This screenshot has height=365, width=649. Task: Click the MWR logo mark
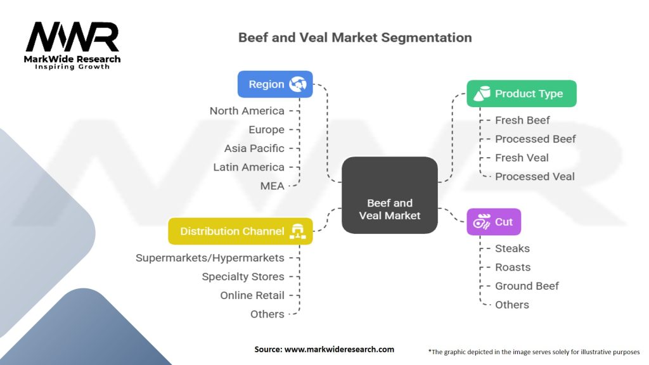[72, 37]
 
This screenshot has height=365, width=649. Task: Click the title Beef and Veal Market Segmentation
[355, 37]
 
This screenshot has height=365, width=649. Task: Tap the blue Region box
[275, 84]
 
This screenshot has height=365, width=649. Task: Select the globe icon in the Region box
[298, 84]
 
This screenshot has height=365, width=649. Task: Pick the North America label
[247, 111]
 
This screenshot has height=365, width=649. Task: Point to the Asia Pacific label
[254, 148]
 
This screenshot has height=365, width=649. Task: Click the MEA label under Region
[272, 186]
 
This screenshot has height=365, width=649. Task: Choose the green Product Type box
[522, 94]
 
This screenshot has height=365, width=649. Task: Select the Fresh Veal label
[522, 158]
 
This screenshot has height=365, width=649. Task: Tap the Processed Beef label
[535, 139]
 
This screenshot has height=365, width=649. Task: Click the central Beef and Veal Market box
[390, 195]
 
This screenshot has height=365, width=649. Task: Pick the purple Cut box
[494, 222]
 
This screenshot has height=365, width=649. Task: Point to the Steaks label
[512, 248]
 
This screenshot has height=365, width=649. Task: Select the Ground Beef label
[527, 286]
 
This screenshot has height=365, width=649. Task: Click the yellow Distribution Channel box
[240, 231]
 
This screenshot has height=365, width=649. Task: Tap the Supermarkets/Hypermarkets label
[210, 258]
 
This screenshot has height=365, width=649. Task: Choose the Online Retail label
[252, 295]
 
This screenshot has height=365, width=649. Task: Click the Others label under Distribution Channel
[267, 314]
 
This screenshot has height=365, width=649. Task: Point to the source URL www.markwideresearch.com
[339, 349]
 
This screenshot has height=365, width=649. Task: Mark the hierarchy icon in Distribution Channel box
[298, 231]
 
